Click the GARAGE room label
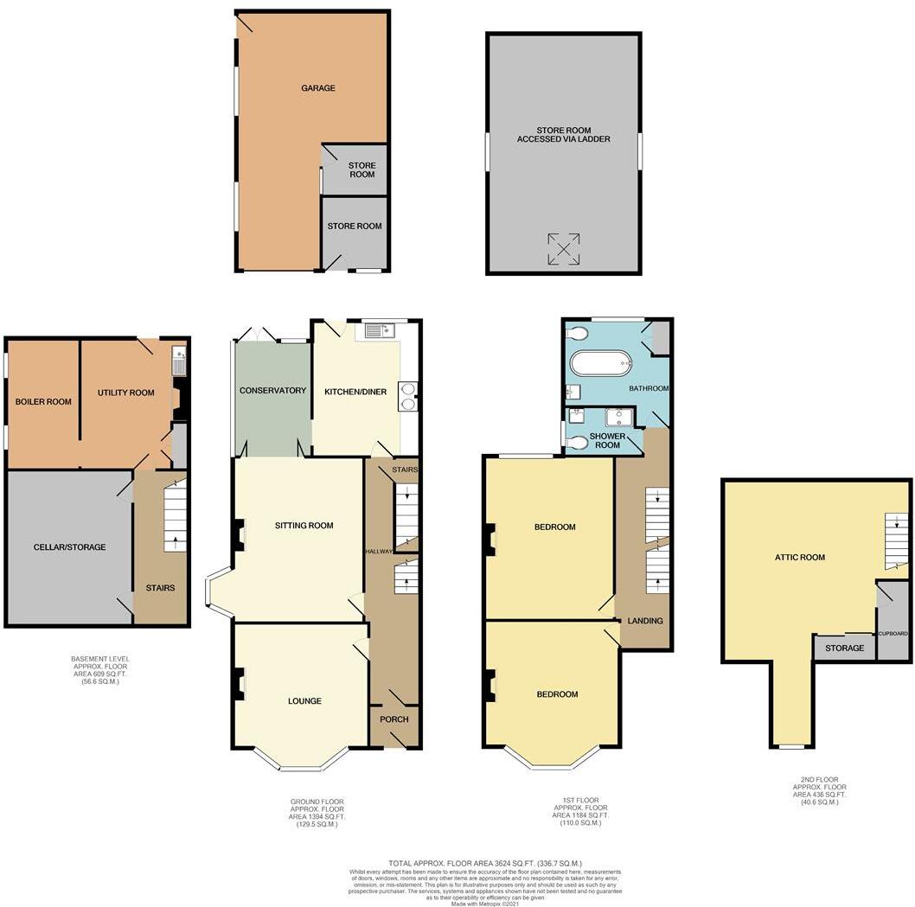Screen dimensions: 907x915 pyautogui.click(x=317, y=88)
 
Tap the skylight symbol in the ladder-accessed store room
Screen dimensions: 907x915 pyautogui.click(x=563, y=249)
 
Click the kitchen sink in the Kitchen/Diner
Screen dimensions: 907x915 pyautogui.click(x=379, y=329)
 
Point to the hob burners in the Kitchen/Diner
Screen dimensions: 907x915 pyautogui.click(x=406, y=394)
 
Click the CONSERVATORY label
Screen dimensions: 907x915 pyautogui.click(x=273, y=391)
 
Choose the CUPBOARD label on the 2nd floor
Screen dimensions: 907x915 pyautogui.click(x=893, y=634)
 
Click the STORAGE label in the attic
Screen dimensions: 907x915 pyautogui.click(x=844, y=648)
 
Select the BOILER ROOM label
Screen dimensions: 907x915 pyautogui.click(x=42, y=401)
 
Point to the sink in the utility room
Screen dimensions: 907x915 pyautogui.click(x=179, y=354)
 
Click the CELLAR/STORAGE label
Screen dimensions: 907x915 pyautogui.click(x=69, y=547)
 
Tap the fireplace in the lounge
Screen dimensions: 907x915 pyautogui.click(x=236, y=686)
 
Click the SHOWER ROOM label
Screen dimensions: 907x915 pyautogui.click(x=607, y=440)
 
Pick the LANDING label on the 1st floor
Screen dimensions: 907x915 pyautogui.click(x=645, y=621)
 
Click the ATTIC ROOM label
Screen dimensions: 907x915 pyautogui.click(x=799, y=558)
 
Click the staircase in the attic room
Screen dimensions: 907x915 pyautogui.click(x=897, y=540)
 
